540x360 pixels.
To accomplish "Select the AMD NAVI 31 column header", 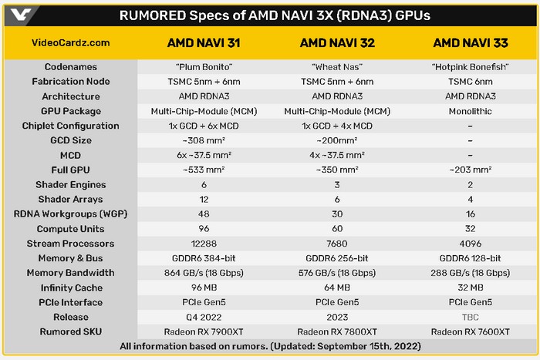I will (206, 42).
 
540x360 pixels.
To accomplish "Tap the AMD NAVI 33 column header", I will (470, 42).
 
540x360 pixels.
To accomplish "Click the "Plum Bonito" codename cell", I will (206, 67).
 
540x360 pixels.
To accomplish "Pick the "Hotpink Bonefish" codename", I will (470, 67).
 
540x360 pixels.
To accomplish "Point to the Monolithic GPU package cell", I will (470, 111).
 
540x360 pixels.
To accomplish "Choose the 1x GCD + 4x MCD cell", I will (337, 126).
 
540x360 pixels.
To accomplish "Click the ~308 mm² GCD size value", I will (206, 140).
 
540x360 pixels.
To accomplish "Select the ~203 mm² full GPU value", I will (470, 170).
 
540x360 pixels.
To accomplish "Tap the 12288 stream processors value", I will (206, 244).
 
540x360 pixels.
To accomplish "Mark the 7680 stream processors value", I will (337, 244).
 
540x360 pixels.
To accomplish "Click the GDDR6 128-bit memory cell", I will (470, 258).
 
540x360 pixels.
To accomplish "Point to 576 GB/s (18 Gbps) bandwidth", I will (337, 273).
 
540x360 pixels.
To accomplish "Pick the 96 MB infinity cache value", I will (206, 288).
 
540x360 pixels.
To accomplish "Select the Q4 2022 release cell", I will (206, 317).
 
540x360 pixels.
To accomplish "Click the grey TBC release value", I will (470, 317).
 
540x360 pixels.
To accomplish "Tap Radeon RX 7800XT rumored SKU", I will (337, 331).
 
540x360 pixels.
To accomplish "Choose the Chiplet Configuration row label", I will (72, 126).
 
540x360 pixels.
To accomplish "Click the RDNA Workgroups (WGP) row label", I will (72, 214).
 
